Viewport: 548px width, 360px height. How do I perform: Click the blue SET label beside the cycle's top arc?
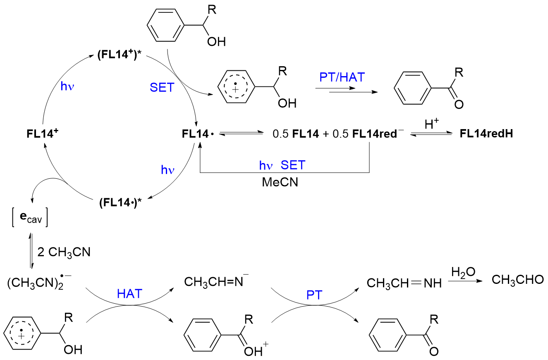pos(162,87)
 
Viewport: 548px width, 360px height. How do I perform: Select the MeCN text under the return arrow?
pos(280,182)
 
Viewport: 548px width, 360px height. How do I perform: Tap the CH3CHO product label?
pos(517,280)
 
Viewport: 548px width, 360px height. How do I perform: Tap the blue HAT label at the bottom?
pos(129,294)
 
